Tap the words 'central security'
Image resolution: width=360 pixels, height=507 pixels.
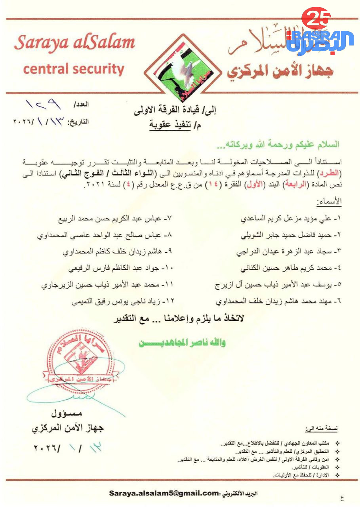74,69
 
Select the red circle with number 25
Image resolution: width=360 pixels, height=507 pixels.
316,19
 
